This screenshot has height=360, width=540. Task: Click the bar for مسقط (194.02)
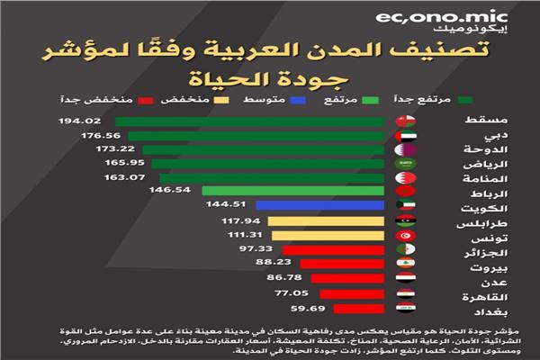(252, 120)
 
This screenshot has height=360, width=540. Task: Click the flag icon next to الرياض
(406, 164)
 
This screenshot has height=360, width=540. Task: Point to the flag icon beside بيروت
(406, 265)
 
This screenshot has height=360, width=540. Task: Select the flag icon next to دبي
(406, 135)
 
